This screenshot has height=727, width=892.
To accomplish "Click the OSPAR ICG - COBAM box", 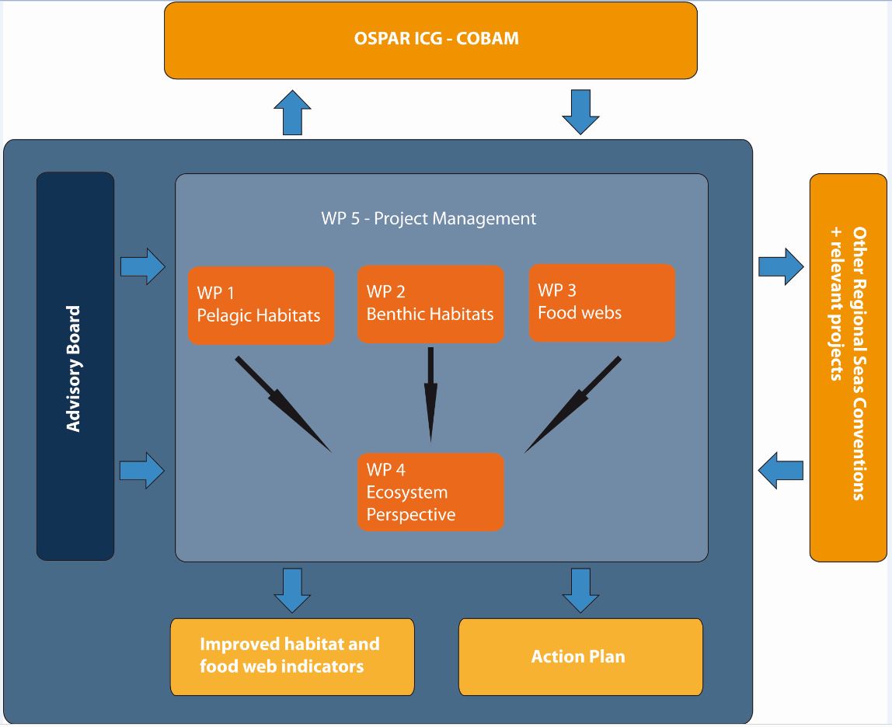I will click(x=430, y=40).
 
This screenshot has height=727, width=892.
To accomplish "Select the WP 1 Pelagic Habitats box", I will click(x=261, y=304).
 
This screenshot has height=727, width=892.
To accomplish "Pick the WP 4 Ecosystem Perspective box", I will click(x=430, y=492).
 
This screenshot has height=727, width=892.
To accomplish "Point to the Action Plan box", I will click(x=580, y=656).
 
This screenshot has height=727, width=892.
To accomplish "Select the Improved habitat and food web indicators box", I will click(x=292, y=656).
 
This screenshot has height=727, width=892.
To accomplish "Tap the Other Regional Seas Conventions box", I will click(x=848, y=367).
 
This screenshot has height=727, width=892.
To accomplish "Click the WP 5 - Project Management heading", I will click(x=429, y=218).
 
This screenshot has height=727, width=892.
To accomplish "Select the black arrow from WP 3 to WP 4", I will click(x=573, y=403).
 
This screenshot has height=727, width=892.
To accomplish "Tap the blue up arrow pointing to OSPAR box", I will click(x=292, y=113).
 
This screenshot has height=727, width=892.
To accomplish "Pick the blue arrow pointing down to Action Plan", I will click(x=580, y=590).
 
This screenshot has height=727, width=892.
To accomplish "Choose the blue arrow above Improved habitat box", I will click(x=292, y=590).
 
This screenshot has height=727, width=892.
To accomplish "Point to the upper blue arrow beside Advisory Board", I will click(x=143, y=267).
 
